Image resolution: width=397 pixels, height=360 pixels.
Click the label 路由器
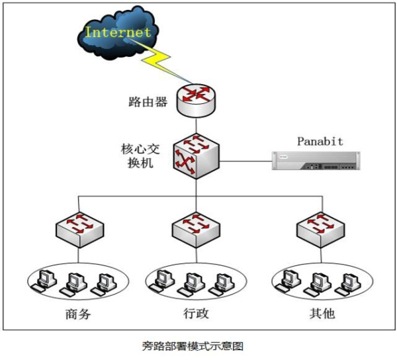click(148, 102)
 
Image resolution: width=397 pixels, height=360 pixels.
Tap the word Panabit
click(320, 141)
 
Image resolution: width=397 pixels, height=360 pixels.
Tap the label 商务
click(78, 314)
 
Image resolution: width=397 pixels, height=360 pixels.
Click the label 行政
click(196, 314)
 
